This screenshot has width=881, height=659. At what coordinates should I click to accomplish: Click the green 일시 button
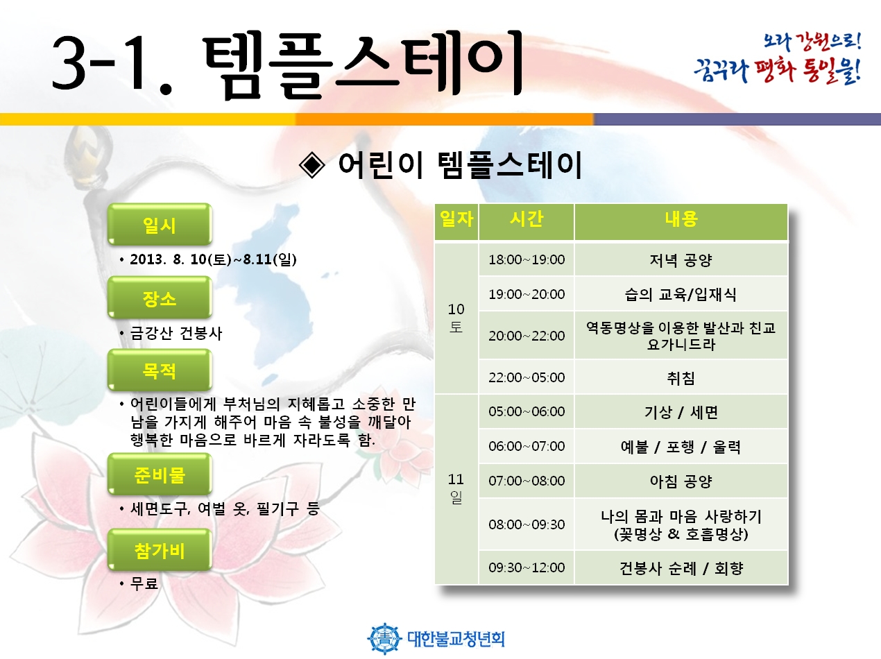click(160, 224)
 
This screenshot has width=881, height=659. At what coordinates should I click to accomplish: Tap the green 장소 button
click(160, 298)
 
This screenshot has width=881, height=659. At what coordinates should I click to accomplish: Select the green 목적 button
click(160, 370)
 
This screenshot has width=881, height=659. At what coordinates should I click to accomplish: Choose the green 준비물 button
click(160, 474)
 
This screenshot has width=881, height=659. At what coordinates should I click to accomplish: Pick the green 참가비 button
click(160, 550)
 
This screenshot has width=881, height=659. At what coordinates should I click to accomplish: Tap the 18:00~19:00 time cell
click(527, 259)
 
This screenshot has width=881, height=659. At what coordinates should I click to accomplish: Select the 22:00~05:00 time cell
click(527, 377)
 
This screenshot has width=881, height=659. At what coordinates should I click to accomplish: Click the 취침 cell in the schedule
click(681, 377)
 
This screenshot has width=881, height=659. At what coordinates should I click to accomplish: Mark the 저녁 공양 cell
click(681, 259)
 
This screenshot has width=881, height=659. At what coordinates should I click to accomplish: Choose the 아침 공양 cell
click(681, 481)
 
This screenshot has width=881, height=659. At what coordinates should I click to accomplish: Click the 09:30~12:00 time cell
click(527, 567)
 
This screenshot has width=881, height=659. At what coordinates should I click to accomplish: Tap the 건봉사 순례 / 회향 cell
click(681, 567)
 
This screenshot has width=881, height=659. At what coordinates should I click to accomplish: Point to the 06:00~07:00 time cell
click(527, 446)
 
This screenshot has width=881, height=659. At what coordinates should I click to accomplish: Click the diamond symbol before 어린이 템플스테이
click(312, 165)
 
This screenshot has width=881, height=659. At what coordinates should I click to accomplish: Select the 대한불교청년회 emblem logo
click(384, 638)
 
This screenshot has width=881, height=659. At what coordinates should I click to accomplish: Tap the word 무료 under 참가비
click(144, 583)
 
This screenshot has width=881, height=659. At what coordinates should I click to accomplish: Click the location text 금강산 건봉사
click(176, 333)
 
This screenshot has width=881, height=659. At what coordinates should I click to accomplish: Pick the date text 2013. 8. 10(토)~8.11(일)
click(213, 259)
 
